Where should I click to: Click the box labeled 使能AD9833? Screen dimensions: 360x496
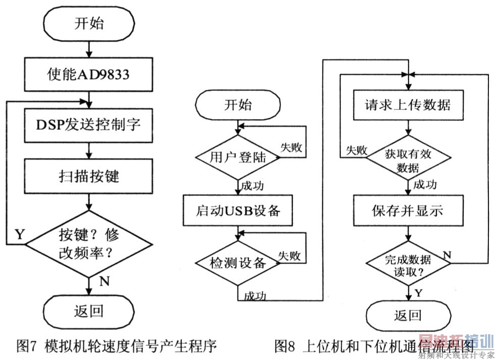tap(88, 75)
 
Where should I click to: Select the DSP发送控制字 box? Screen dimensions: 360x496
tap(88, 124)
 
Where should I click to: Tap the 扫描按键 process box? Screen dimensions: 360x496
tap(88, 176)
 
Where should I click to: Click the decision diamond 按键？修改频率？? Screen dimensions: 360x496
tap(88, 244)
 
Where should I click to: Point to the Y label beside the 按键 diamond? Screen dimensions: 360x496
tap(20, 234)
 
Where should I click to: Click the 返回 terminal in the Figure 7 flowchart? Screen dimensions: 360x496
tap(88, 310)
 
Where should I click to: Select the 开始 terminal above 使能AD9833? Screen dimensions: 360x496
tap(88, 24)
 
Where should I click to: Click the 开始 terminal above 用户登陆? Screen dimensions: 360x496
tap(237, 105)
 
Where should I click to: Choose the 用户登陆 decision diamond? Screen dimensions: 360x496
tap(237, 158)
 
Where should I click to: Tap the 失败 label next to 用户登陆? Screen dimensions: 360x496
tap(291, 147)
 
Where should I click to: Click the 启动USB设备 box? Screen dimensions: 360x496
tap(237, 210)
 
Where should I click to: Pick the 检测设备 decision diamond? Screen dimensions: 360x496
tap(237, 263)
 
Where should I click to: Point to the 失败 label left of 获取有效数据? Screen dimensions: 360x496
tap(356, 150)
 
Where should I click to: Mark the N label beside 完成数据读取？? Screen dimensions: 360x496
tap(447, 254)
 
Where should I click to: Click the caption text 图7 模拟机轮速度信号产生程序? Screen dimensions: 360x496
tap(117, 346)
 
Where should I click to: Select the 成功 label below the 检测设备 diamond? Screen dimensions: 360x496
tap(255, 295)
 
